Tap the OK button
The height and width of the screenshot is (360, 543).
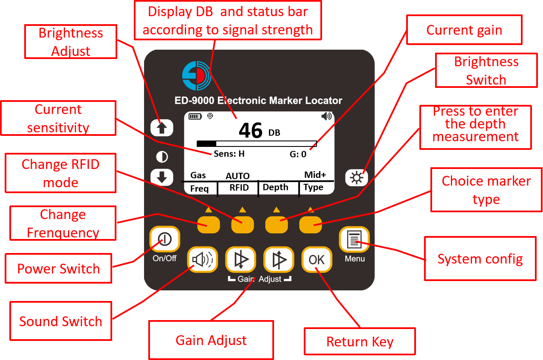(x=317, y=259)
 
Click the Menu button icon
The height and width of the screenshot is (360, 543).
(x=354, y=240)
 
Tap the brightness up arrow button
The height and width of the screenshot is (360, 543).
(x=161, y=127)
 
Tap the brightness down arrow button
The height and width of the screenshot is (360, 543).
(x=161, y=177)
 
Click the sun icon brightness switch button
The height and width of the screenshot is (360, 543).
(x=356, y=177)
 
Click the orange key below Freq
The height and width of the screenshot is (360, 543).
(x=208, y=224)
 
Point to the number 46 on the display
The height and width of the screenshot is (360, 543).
(x=251, y=131)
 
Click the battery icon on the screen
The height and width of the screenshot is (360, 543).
(x=195, y=116)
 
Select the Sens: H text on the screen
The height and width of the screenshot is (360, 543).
(x=229, y=154)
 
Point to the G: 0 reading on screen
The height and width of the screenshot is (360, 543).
(x=298, y=155)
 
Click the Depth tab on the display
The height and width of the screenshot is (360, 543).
(x=275, y=188)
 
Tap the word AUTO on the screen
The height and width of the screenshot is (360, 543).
(x=238, y=176)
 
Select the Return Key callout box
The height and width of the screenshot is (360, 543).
(x=359, y=341)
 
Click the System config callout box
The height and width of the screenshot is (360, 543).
(x=480, y=259)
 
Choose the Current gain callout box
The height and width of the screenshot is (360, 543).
(x=464, y=30)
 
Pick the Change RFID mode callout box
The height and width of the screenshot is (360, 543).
(x=60, y=173)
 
